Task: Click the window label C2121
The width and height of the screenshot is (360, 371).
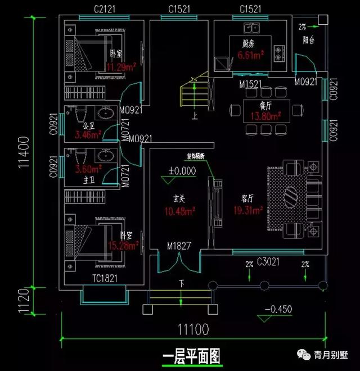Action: (105, 10)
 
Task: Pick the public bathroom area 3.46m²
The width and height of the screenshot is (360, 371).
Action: (87, 135)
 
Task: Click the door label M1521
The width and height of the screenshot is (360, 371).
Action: (249, 84)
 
